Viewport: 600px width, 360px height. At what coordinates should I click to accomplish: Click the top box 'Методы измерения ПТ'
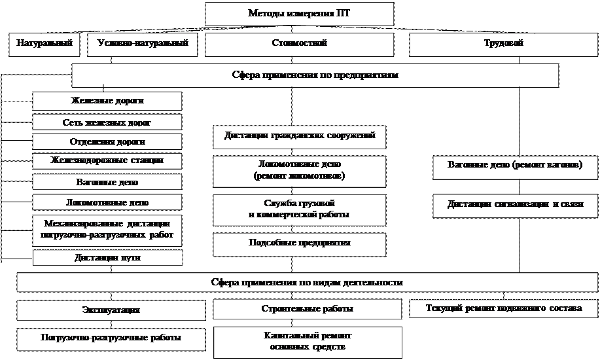300,14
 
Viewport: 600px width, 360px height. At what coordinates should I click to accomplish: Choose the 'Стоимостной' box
300,44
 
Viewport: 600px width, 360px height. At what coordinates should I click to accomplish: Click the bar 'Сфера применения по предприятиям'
315,75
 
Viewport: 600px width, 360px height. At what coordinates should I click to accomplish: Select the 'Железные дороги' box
107,101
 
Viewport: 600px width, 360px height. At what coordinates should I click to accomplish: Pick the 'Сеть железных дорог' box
107,122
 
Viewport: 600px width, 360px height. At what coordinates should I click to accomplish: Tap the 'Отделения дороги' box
107,142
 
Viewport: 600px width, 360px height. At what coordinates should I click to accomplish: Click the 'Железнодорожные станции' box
107,160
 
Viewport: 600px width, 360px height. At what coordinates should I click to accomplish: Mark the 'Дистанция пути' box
107,258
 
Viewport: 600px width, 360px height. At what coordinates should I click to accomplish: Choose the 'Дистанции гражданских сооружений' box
300,137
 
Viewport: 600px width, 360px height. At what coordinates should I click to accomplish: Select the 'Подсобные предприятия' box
300,243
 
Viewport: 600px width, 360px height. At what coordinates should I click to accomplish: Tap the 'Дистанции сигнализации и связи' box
515,205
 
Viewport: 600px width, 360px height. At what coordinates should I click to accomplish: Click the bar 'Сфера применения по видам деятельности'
307,282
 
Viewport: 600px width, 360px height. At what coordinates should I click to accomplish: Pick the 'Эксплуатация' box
111,310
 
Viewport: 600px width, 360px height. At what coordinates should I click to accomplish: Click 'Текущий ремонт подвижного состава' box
503,308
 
